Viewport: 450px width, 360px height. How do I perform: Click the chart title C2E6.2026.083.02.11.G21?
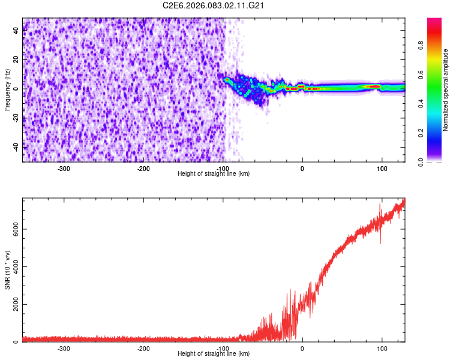tap(214, 5)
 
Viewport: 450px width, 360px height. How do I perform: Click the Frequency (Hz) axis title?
tap(7, 89)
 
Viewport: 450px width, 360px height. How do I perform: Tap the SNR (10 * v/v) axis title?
tap(7, 270)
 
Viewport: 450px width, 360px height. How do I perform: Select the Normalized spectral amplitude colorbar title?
tap(445, 90)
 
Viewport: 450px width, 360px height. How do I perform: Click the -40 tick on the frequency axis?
tap(16, 146)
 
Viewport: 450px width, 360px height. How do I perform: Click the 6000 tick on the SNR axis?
tap(13, 229)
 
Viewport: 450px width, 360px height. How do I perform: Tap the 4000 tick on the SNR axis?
tap(13, 267)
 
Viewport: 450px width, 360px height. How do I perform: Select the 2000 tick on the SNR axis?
tap(13, 305)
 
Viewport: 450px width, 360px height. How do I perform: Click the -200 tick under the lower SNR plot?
tap(143, 349)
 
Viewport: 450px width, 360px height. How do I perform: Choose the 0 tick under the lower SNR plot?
tap(302, 349)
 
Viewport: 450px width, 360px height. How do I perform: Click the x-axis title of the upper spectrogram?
tap(214, 174)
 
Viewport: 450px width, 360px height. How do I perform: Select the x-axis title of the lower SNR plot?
tap(214, 355)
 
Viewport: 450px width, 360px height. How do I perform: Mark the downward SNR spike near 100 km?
tap(380, 242)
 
